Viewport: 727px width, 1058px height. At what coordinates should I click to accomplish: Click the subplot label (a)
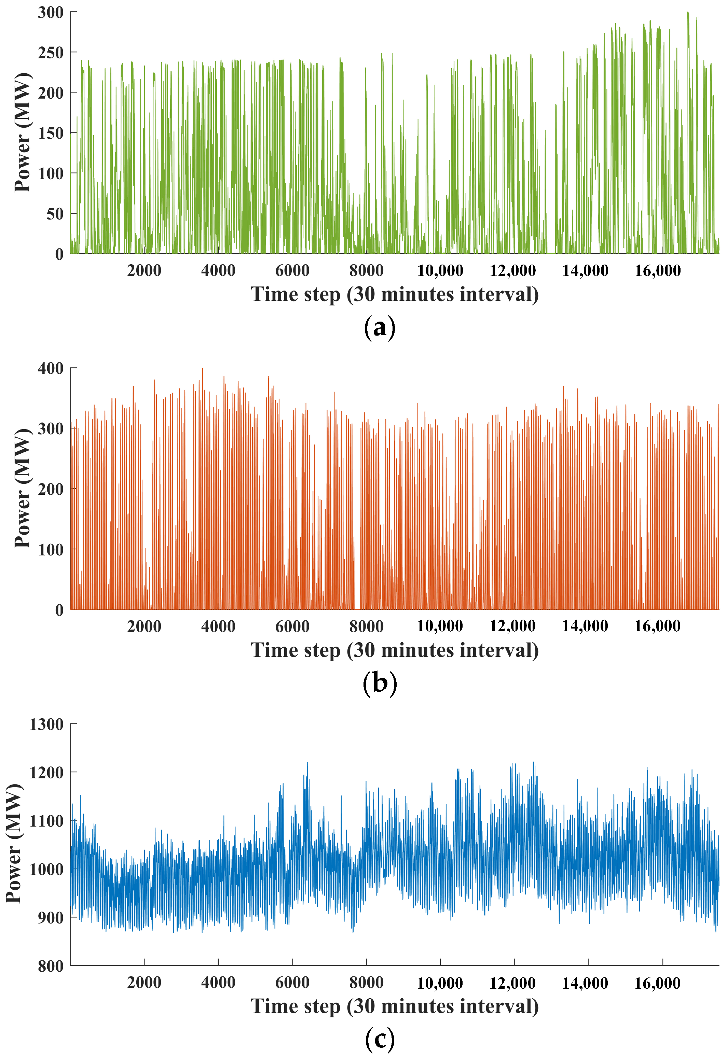(x=380, y=328)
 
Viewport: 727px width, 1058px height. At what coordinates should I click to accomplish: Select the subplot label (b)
(x=380, y=684)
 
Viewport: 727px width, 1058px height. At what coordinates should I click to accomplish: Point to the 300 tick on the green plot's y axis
(x=51, y=13)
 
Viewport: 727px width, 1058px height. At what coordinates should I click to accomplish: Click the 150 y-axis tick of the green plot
(x=51, y=133)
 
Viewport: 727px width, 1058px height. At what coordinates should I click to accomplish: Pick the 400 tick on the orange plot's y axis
(x=51, y=368)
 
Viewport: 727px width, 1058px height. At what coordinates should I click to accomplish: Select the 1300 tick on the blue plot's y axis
(x=46, y=724)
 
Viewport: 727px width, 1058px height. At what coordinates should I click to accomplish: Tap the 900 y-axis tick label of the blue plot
(x=51, y=918)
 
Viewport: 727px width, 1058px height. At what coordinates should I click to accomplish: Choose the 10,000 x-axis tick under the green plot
(x=440, y=271)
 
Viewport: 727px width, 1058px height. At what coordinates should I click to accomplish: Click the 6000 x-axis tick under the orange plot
(x=292, y=627)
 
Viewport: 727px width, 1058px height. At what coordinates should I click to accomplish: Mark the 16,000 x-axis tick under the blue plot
(x=657, y=983)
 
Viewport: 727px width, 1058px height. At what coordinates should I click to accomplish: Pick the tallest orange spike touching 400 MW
(x=203, y=369)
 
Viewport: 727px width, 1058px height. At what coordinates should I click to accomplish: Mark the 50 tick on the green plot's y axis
(x=55, y=214)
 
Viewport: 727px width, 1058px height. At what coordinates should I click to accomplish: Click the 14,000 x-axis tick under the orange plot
(x=585, y=627)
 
